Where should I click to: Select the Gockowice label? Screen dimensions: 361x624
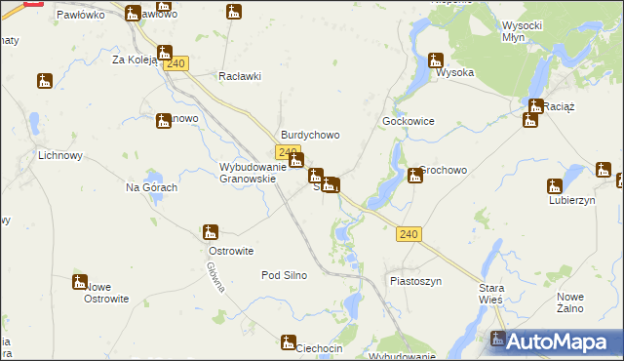click(408, 121)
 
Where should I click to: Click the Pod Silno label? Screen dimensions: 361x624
click(284, 275)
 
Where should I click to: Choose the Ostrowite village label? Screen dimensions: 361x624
click(231, 251)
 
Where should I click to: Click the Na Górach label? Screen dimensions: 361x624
click(151, 187)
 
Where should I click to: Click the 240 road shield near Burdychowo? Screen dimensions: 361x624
click(287, 152)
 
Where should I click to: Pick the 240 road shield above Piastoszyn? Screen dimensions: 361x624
click(409, 234)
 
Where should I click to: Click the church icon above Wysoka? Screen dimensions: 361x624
click(436, 60)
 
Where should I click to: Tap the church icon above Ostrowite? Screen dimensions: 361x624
click(210, 232)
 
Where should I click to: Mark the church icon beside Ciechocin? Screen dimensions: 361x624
click(289, 341)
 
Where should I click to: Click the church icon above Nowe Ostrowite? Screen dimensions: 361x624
click(80, 282)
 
